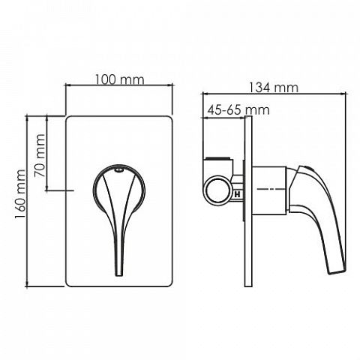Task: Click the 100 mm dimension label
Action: (119, 79)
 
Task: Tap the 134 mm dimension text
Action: (274, 88)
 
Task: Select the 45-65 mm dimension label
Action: (238, 110)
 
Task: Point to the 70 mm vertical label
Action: (40, 156)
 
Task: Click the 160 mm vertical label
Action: (20, 194)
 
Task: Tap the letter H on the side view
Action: (237, 194)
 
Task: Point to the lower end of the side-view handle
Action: (337, 272)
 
